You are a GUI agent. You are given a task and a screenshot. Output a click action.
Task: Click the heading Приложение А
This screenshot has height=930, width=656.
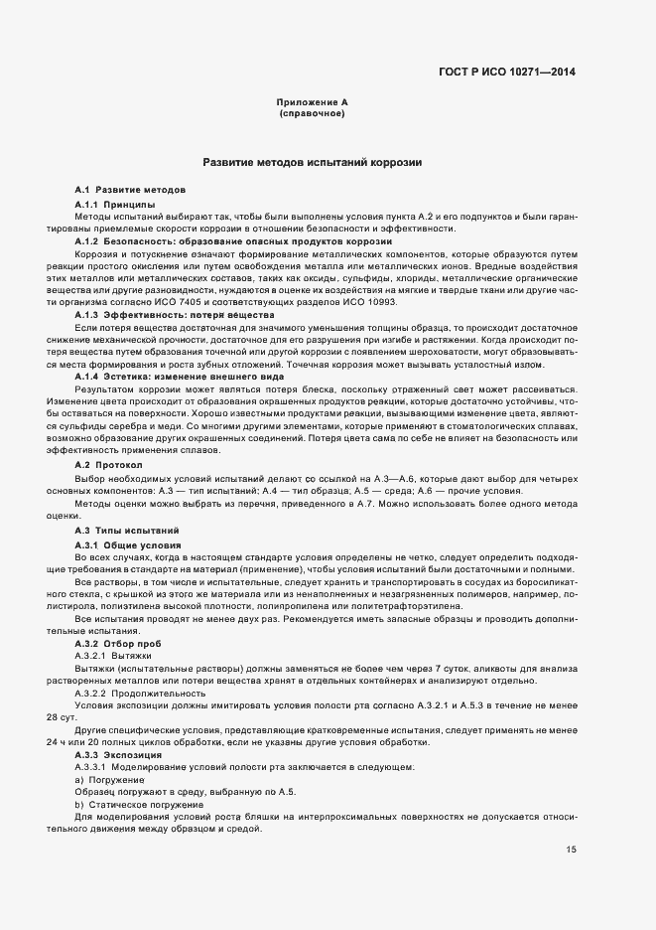click(312, 103)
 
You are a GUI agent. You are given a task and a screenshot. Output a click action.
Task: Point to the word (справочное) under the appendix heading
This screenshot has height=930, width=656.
click(312, 114)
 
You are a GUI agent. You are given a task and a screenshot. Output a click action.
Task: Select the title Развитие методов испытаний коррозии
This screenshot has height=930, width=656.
click(313, 161)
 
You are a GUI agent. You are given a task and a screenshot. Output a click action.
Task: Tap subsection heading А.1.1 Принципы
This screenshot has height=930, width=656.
click(115, 204)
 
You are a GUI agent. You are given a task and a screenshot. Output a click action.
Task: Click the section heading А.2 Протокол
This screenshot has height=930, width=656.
click(108, 464)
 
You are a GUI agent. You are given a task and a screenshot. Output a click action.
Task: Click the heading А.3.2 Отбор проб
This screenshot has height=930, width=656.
click(117, 645)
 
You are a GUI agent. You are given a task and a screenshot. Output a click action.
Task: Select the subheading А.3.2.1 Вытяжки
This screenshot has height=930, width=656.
click(112, 657)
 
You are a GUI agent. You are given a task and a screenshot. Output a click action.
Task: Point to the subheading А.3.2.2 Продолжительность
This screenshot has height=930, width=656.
click(138, 695)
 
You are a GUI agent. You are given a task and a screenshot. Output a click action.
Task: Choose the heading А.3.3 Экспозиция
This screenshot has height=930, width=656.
click(117, 756)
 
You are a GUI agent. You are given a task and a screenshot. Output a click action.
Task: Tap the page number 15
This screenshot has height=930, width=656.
click(572, 850)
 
